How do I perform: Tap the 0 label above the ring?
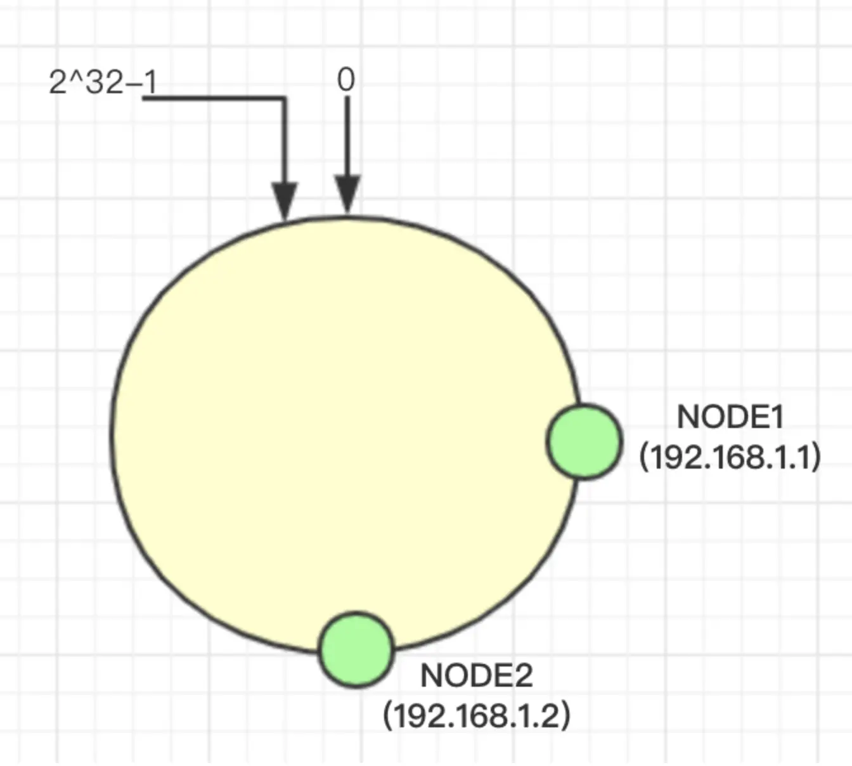pos(346,81)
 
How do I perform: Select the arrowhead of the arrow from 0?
pos(347,193)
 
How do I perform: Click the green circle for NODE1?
pos(584,441)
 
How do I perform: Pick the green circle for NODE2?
pos(356,649)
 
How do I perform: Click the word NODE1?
pos(730,417)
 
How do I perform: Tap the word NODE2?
pos(477,676)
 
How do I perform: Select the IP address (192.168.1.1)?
pos(730,457)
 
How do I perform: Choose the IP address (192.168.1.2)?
pos(477,715)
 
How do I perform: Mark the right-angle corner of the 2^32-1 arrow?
pos(285,98)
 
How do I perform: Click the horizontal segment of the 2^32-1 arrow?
pos(216,98)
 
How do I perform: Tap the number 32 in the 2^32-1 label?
pos(104,82)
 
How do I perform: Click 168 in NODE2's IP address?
pos(477,716)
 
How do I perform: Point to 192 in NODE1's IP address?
pos(674,457)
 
